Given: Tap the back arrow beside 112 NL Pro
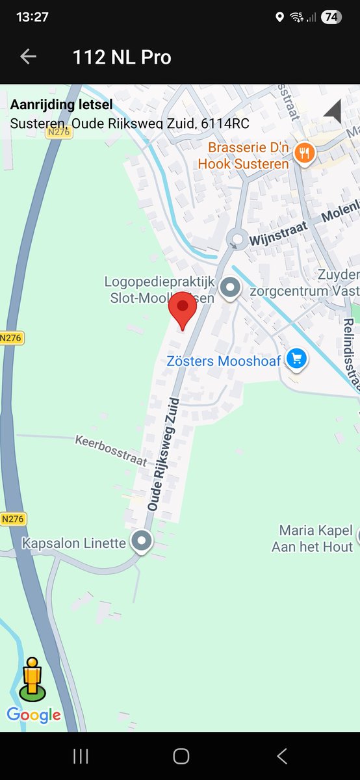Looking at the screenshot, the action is click(28, 57).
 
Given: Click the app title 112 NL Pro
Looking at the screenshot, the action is click(122, 57).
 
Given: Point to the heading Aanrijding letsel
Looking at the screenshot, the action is click(61, 105).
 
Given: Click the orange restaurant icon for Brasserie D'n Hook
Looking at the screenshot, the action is click(304, 154).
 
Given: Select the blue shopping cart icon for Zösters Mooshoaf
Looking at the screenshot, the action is click(296, 359).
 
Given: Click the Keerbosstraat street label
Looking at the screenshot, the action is click(110, 450).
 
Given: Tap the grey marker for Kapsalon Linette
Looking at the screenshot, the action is click(141, 541).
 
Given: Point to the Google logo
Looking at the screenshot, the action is click(34, 716).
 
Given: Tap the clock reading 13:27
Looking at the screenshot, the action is click(32, 18).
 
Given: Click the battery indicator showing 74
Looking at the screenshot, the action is click(331, 18).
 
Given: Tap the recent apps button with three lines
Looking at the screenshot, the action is click(81, 755).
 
